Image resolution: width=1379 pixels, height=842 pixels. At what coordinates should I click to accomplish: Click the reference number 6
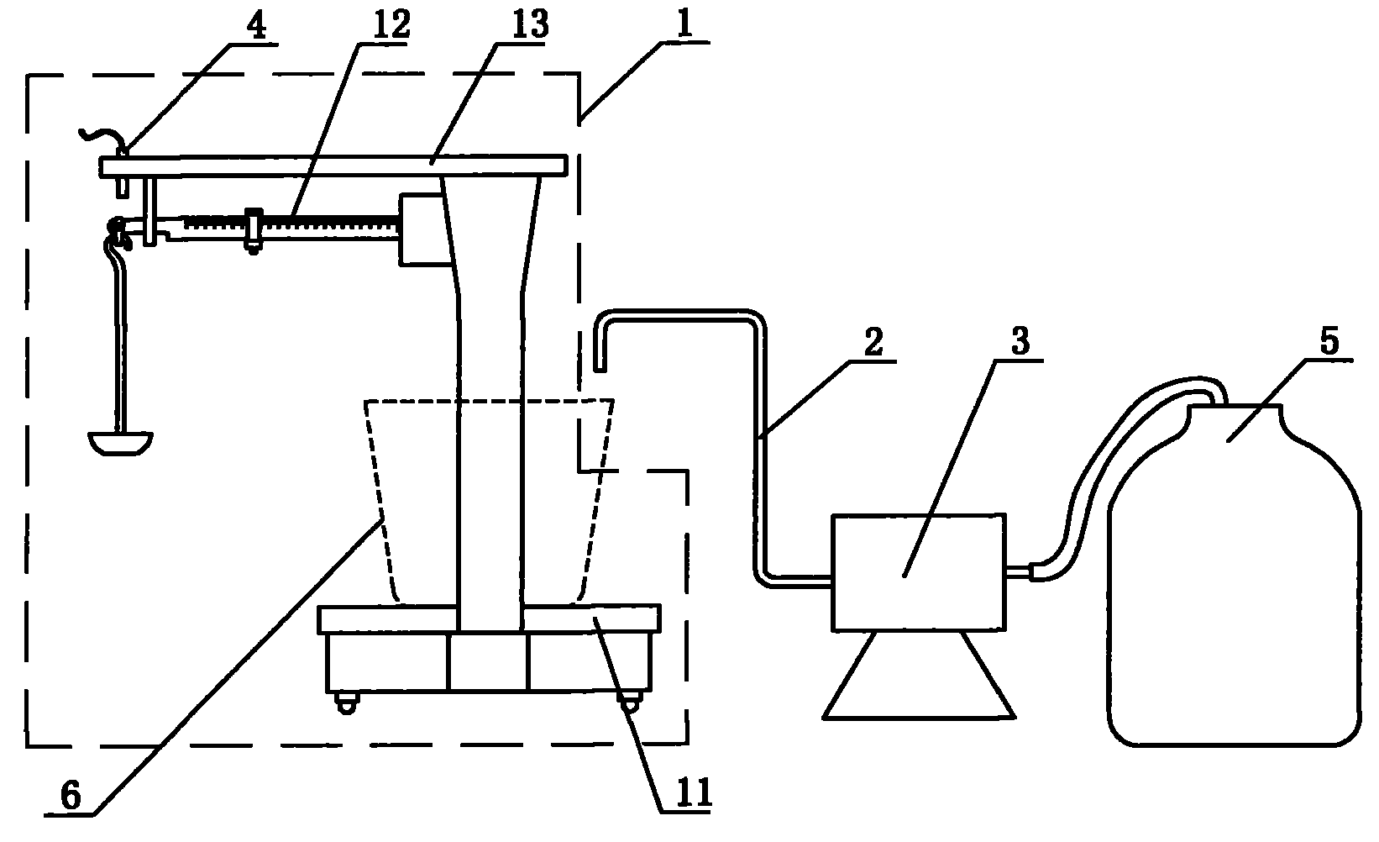point(71,795)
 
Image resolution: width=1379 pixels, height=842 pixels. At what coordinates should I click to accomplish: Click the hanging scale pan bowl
point(121,442)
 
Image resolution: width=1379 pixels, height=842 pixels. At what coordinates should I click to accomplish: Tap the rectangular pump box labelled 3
point(918,571)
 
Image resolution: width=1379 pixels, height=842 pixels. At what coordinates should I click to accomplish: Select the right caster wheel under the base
point(629,703)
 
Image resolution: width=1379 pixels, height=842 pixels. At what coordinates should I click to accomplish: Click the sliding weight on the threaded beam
point(253,229)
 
